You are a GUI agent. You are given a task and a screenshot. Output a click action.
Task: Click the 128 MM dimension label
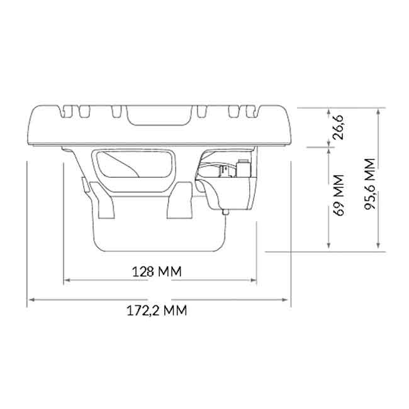coord(157,272)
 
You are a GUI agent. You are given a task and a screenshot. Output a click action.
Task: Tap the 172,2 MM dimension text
coord(157,311)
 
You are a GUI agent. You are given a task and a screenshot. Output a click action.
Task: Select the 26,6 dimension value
coord(340,128)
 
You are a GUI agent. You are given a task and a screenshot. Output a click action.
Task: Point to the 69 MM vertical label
coord(340,195)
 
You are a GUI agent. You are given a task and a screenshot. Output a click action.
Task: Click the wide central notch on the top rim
coord(157,113)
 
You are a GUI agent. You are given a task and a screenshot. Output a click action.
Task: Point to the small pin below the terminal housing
coord(226,214)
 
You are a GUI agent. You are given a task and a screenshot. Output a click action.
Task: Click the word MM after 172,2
coord(174,311)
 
